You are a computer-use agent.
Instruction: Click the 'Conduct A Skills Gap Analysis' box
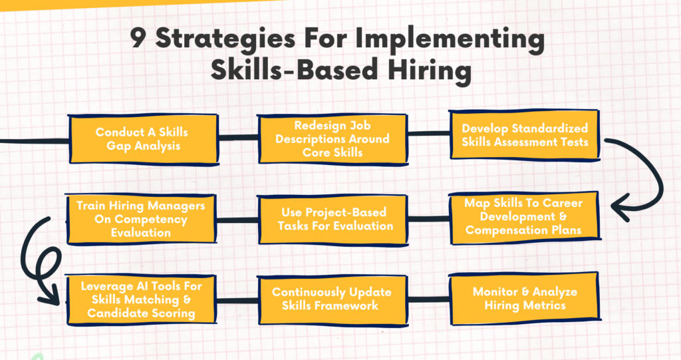coord(144,139)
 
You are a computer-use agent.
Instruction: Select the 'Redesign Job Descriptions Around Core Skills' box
coord(333,139)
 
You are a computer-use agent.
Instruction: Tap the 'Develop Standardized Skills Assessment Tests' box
coord(525,135)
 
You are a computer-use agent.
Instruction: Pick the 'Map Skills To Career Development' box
coord(524,217)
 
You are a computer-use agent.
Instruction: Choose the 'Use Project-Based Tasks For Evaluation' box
coord(333,220)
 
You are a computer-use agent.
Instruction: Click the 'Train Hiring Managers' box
coord(141,219)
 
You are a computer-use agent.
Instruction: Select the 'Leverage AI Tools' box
coord(141,299)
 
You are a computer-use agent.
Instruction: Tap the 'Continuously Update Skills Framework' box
coord(333,299)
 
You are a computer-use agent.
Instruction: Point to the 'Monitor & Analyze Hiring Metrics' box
coord(524,298)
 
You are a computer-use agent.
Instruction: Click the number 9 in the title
coord(138,39)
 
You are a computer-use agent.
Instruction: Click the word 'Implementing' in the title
coord(450,40)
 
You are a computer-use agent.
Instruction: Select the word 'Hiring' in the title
coord(430,71)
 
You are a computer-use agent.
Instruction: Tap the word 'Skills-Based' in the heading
coord(294,70)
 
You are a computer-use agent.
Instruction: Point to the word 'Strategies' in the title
coord(226,40)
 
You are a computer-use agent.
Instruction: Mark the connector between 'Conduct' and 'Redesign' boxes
coord(237,138)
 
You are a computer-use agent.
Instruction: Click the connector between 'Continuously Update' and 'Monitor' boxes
coord(428,299)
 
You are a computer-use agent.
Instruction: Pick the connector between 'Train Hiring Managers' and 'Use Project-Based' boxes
coord(237,220)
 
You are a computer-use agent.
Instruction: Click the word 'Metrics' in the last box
coord(544,305)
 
